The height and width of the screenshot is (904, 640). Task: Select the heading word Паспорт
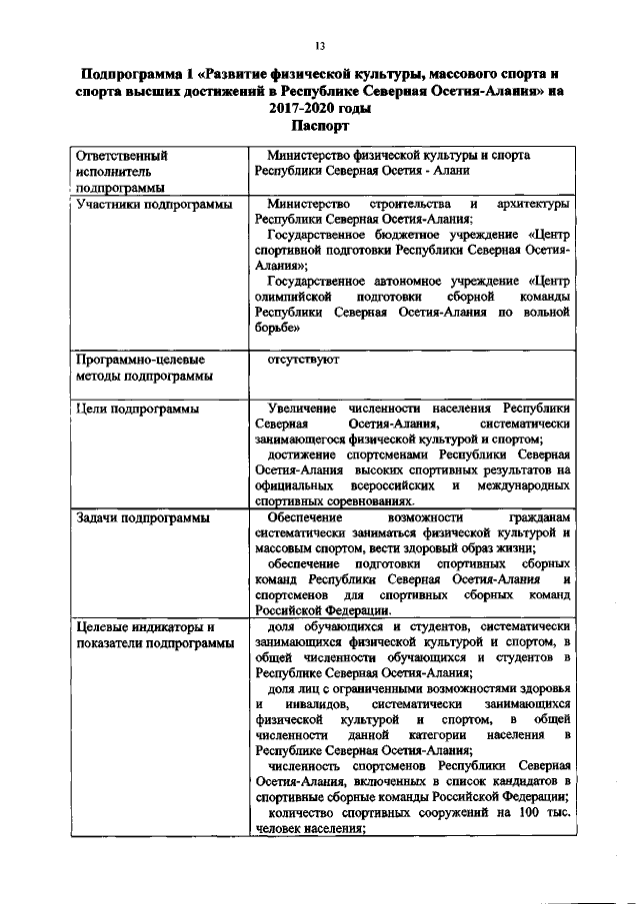(x=320, y=127)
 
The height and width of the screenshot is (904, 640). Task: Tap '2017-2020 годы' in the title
(x=320, y=109)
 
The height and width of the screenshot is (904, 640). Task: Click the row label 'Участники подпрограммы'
(x=147, y=204)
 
